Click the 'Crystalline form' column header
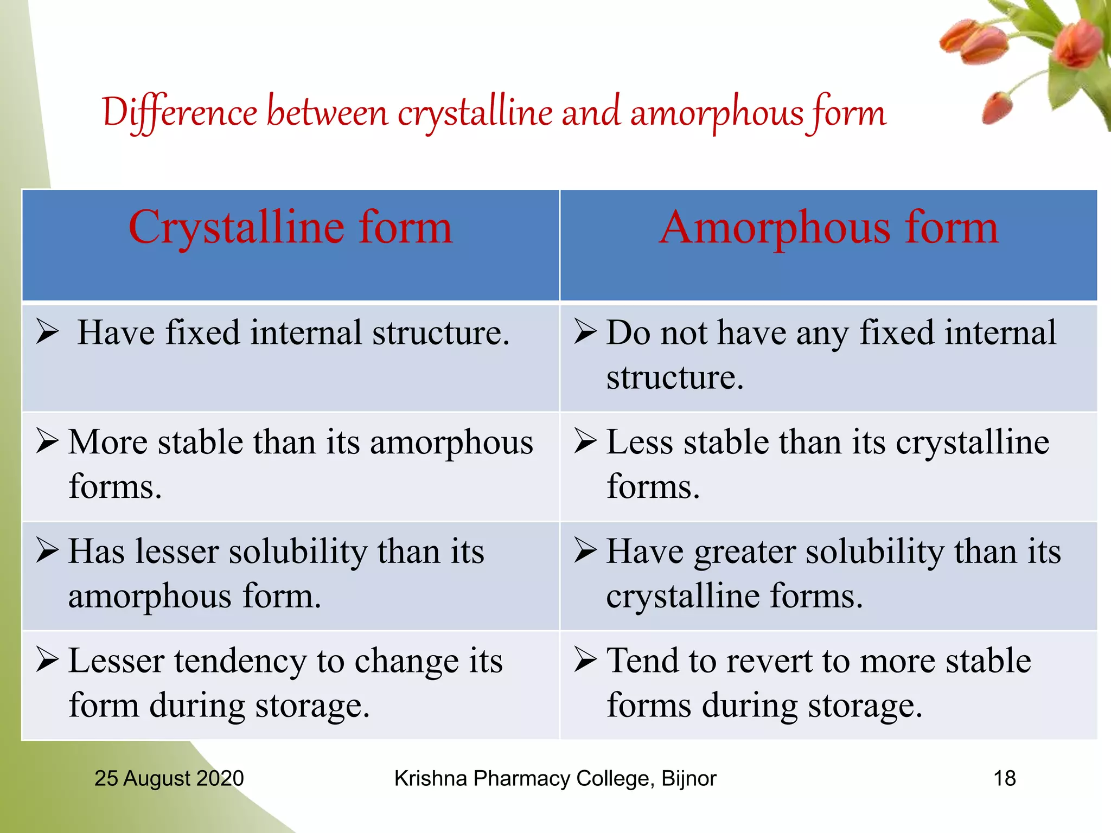pyautogui.click(x=290, y=228)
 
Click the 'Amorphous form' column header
pyautogui.click(x=828, y=228)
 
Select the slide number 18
pyautogui.click(x=1004, y=778)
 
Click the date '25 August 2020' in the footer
pyautogui.click(x=169, y=778)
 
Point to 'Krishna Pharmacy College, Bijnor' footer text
pyautogui.click(x=555, y=778)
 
